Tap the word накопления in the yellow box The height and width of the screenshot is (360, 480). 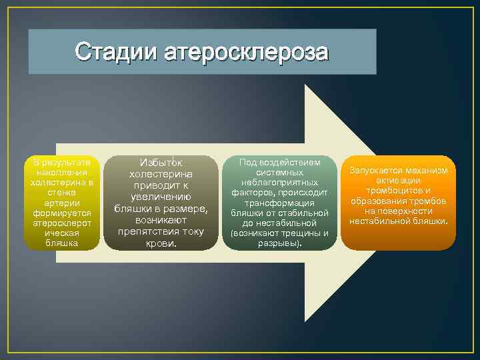pos(61,173)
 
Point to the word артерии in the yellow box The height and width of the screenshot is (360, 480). pos(61,203)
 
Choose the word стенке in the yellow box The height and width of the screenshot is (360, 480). pos(61,193)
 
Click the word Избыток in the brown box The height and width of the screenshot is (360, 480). pos(161,162)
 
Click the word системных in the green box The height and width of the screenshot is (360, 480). pos(279,172)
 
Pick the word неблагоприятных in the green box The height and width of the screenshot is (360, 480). pos(279,183)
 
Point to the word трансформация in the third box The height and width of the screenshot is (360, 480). pos(279,203)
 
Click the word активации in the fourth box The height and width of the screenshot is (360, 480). pos(398,181)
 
